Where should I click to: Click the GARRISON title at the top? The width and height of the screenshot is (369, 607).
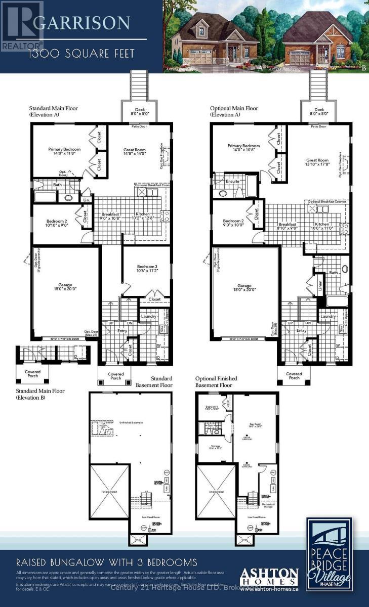[x=89, y=23]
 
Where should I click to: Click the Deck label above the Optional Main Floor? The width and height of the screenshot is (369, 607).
[x=319, y=111]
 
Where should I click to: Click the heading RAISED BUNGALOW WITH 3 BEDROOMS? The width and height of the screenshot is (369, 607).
[x=106, y=562]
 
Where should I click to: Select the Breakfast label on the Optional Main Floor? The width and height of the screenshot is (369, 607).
[x=287, y=226]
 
